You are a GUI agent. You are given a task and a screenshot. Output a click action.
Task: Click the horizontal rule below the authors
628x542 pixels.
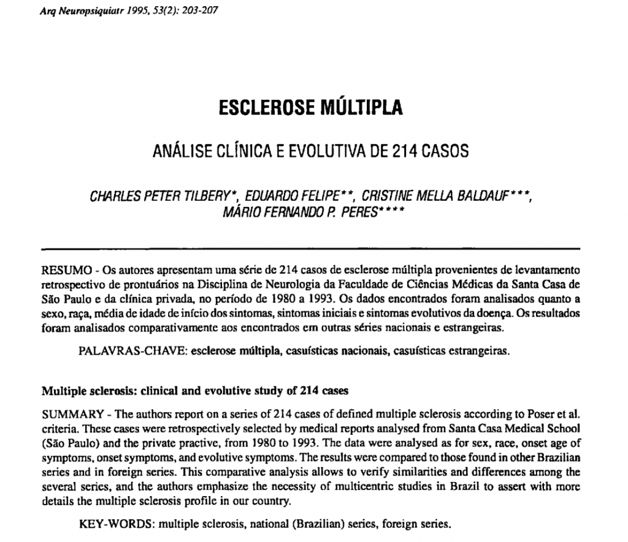310,249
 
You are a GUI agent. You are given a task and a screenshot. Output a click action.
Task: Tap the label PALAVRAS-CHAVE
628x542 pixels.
124,352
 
